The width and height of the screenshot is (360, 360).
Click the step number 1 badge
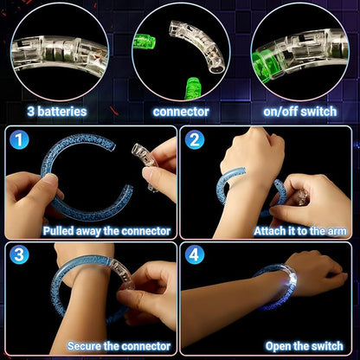click(x=20, y=139)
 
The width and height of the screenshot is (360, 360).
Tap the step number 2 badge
click(x=195, y=139)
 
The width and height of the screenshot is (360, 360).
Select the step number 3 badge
click(x=20, y=255)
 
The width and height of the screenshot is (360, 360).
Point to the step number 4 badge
click(x=195, y=255)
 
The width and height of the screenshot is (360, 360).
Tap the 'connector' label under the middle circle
click(x=181, y=111)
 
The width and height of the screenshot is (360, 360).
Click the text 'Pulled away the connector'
click(x=106, y=231)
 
